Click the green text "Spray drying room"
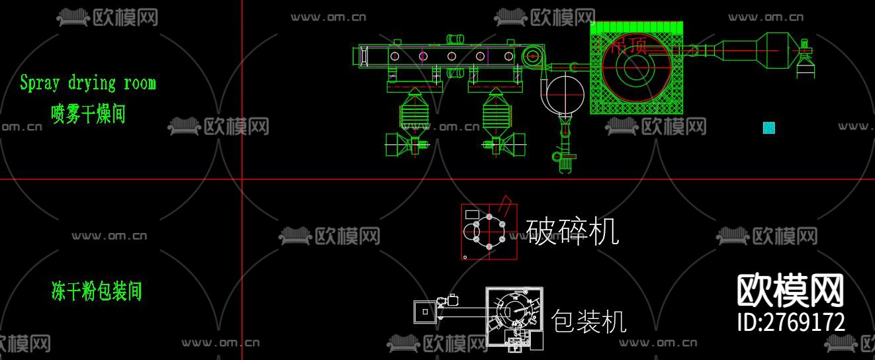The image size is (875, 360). pos(87,83)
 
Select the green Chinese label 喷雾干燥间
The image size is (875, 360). pos(88,114)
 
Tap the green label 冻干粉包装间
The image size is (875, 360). pos(97,291)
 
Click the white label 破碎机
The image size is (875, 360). pos(573,232)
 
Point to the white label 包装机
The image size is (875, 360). pos(588,322)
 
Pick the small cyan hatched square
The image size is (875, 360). pos(768,128)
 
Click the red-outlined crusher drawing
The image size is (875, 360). pos(489,232)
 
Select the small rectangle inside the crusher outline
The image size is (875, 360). pos(473,214)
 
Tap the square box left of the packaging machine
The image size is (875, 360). pos(424,311)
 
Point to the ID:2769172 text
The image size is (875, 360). pos(791,322)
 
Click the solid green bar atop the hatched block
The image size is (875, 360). pos(636,27)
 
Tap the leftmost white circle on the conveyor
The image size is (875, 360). pos(394,56)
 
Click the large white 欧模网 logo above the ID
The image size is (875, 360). pos(790,291)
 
